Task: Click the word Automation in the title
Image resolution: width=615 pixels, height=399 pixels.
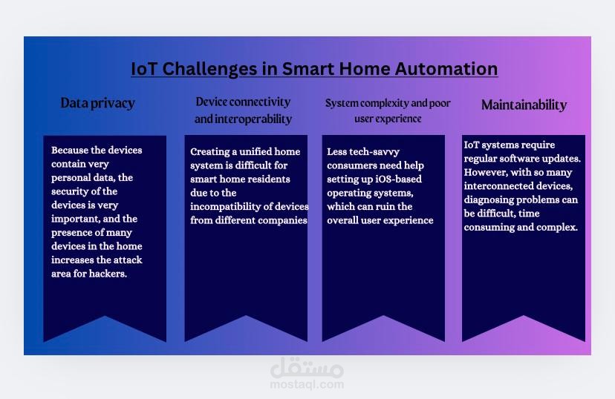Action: coord(446,69)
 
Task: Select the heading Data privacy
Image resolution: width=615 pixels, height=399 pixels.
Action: coord(97,103)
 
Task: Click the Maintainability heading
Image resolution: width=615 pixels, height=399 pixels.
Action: coord(524,105)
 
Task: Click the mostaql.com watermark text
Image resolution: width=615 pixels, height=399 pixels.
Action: coord(307,384)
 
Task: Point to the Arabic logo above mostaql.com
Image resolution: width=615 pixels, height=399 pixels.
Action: coord(307,368)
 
